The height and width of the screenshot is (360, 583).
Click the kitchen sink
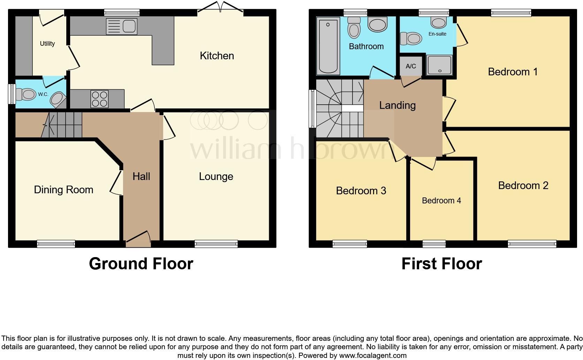tap(122, 26)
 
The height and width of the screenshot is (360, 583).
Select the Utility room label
tap(47, 44)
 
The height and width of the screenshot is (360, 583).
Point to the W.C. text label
tap(43, 94)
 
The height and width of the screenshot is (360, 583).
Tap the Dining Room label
tap(63, 190)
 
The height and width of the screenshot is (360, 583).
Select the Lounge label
tap(216, 177)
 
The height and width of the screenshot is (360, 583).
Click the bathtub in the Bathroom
tap(328, 46)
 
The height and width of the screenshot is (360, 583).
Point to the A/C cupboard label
tap(411, 66)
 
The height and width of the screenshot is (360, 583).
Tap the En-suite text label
tap(437, 34)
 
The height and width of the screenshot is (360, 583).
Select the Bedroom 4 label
tap(441, 201)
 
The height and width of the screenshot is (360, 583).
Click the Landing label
tap(397, 105)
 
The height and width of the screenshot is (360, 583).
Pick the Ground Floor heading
tap(141, 264)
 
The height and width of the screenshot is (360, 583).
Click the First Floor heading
tap(441, 264)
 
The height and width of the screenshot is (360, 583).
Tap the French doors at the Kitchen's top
tap(220, 8)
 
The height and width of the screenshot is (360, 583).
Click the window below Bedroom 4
tap(434, 243)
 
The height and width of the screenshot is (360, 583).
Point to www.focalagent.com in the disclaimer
tap(372, 356)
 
